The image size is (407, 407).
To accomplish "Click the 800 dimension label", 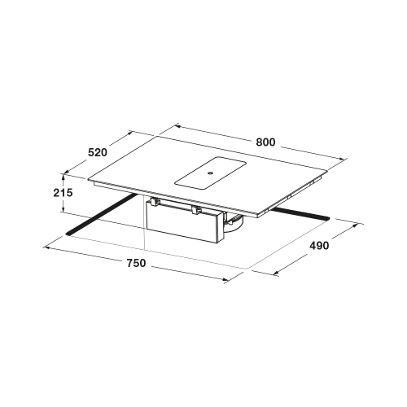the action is (265, 142).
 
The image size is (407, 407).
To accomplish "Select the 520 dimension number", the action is (98, 152).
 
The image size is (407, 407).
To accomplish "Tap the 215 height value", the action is (63, 193).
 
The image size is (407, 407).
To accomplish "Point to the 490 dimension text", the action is (319, 246).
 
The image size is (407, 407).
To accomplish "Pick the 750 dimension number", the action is (136, 263).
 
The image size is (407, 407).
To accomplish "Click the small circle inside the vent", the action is (210, 173).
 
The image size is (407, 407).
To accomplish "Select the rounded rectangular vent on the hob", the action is (210, 173).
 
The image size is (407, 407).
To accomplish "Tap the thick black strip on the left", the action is (102, 214).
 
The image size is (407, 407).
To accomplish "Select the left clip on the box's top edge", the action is (154, 202).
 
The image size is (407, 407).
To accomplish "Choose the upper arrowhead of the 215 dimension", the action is (63, 177).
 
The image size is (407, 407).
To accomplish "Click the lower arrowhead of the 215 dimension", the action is (63, 210).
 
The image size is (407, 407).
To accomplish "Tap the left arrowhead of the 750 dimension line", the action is (46, 247).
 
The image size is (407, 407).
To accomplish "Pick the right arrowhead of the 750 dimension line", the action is (225, 279).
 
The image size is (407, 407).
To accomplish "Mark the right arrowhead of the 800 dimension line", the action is (344, 159).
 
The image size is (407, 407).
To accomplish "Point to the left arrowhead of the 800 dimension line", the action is (178, 126).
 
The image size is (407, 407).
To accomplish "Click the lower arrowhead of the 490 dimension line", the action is (276, 273).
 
